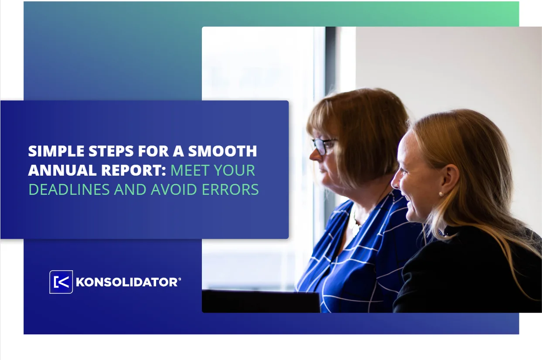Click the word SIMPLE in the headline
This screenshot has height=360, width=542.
coord(56,151)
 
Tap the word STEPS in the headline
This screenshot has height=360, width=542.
coord(111,151)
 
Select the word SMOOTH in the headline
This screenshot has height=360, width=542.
coord(222,151)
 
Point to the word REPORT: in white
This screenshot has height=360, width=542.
coord(133,170)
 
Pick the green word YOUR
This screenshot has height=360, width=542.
coord(235,170)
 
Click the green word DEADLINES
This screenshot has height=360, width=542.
coord(69,189)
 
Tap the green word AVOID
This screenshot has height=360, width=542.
coord(174,189)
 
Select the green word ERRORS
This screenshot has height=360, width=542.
coord(230,189)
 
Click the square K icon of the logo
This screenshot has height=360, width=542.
coord(61,282)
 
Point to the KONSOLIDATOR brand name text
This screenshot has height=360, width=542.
coord(127,282)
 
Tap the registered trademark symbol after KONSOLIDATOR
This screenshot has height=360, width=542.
coord(180,279)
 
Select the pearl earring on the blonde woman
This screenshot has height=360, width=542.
coord(441,194)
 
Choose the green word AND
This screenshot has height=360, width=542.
coord(130,189)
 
